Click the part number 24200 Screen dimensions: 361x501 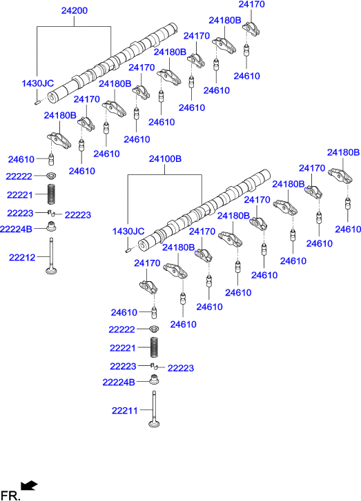point(75,10)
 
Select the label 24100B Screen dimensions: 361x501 point(165,159)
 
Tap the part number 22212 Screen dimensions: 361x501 point(22,257)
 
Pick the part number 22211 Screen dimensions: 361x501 point(125,411)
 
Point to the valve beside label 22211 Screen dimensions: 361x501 point(154,409)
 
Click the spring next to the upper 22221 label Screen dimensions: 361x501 point(52,194)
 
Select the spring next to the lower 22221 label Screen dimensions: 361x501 point(155,347)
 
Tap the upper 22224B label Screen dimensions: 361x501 point(16,229)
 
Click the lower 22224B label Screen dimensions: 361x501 point(119,382)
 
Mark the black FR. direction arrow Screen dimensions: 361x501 point(29,485)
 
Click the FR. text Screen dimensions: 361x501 point(10,495)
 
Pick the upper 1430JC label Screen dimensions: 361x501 point(38,83)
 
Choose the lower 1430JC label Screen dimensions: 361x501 point(128,231)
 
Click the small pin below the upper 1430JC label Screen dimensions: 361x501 point(36,102)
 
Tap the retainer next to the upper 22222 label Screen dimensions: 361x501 point(52,176)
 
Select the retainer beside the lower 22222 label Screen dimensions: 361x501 point(154,329)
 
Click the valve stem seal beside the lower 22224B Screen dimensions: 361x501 point(154,379)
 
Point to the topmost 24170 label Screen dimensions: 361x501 point(252,4)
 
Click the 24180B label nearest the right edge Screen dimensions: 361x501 point(343,152)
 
